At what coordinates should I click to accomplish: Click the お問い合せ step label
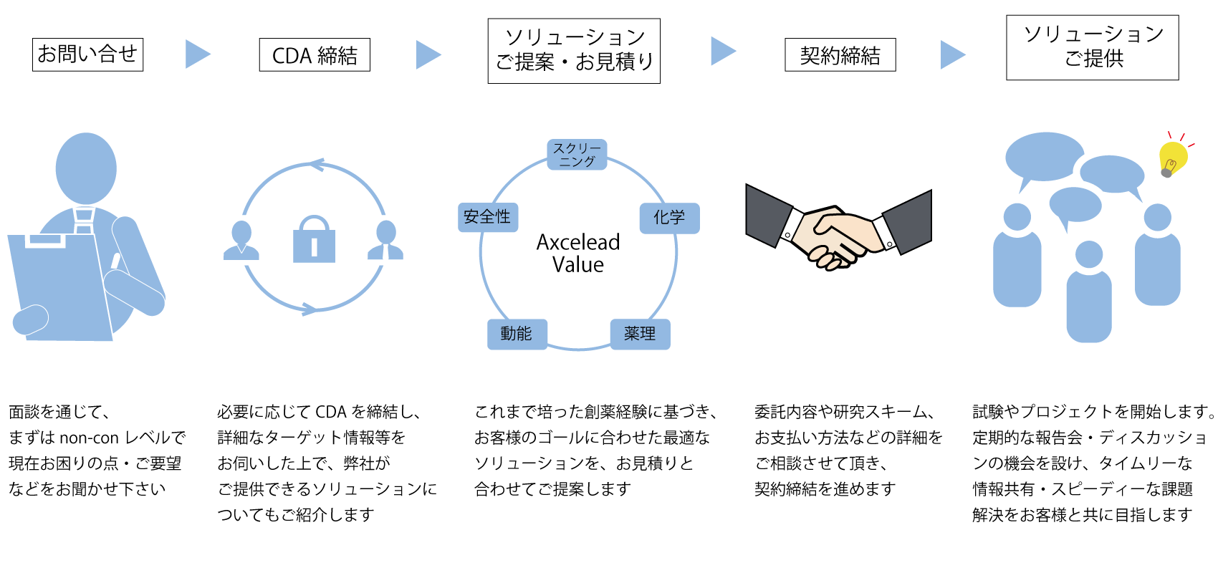pos(87,54)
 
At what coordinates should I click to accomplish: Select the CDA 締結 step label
pos(315,55)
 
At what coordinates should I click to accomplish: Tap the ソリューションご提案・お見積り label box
pos(574,51)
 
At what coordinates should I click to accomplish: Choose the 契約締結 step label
pos(840,55)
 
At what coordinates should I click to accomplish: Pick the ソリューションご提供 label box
pos(1093,47)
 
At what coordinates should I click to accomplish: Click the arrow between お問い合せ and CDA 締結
pos(197,54)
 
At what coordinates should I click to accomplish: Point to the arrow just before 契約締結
pos(722,51)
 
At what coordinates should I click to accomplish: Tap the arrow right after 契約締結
pos(952,54)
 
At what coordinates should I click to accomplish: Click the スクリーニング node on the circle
pos(577,155)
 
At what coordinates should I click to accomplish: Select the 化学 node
pos(669,218)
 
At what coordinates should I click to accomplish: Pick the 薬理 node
pos(640,334)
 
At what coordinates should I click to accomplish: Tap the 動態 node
pos(517,334)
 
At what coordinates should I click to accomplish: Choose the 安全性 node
pos(487,217)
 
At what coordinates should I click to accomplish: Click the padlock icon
pos(314,240)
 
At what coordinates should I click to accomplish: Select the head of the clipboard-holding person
pos(86,168)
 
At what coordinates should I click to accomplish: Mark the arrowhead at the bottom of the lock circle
pos(309,309)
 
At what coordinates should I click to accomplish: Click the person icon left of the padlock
pos(241,241)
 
